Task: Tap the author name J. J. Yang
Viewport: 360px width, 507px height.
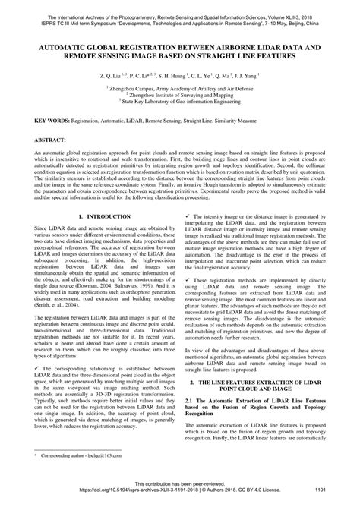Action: coord(243,77)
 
